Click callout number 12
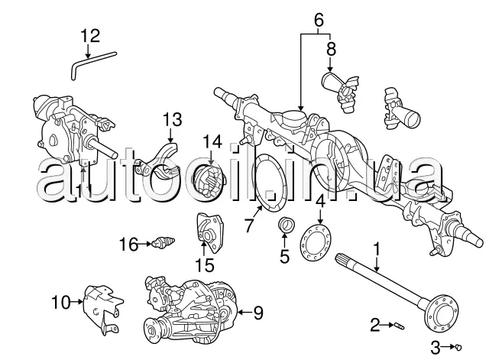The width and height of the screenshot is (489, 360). (x=90, y=35)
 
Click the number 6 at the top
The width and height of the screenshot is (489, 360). (x=318, y=17)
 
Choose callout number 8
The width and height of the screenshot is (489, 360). (x=331, y=49)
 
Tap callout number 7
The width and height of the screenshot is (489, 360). (x=248, y=225)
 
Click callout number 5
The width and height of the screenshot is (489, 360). (x=285, y=256)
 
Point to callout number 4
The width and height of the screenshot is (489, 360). (x=320, y=202)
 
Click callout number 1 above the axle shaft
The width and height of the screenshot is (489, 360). (x=376, y=249)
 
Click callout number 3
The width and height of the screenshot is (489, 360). (x=434, y=348)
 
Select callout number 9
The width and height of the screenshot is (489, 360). (x=257, y=312)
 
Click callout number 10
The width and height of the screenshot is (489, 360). (x=61, y=300)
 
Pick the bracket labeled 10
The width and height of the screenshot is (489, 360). (x=102, y=306)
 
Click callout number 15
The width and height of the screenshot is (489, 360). (x=202, y=266)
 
